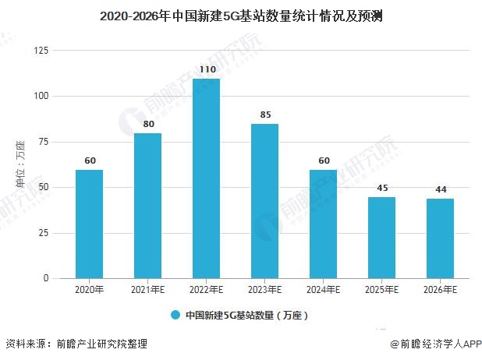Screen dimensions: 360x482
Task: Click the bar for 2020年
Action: click(x=89, y=224)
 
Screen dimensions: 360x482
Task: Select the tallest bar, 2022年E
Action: click(x=206, y=178)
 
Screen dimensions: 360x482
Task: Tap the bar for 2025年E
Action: click(x=381, y=238)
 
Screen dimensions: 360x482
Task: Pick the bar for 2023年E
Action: click(x=264, y=201)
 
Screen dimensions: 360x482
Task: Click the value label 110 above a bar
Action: click(x=206, y=69)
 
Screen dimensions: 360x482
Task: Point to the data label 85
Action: click(x=264, y=115)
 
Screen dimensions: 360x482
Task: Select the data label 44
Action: click(x=440, y=189)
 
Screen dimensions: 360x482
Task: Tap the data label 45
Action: click(x=381, y=188)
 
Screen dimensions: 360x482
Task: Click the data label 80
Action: click(x=147, y=124)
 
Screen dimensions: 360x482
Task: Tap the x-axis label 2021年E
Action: click(x=147, y=289)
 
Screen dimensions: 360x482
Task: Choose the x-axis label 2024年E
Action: click(x=323, y=289)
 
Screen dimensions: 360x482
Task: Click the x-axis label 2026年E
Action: click(x=440, y=289)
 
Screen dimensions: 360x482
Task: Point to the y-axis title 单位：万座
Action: click(x=20, y=164)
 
